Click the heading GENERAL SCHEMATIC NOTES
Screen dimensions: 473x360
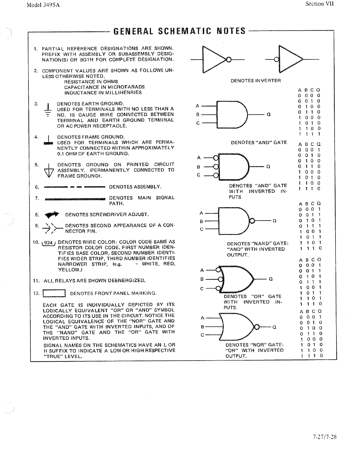pyautogui.click(x=179, y=31)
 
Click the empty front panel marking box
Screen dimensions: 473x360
pyautogui.click(x=54, y=293)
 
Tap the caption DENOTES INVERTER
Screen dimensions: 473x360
pyautogui.click(x=256, y=81)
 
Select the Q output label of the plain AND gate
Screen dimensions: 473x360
pyautogui.click(x=268, y=115)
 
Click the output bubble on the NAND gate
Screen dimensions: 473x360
pyautogui.click(x=252, y=221)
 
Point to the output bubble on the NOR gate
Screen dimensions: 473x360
pyautogui.click(x=257, y=327)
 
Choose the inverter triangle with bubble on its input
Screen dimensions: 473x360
pyautogui.click(x=290, y=59)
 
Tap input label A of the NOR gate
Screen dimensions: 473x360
pyautogui.click(x=202, y=318)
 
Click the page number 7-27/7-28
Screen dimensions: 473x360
pyautogui.click(x=324, y=437)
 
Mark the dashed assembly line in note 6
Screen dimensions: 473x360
pyautogui.click(x=75, y=187)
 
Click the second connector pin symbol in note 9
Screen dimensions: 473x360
pyautogui.click(x=49, y=228)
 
